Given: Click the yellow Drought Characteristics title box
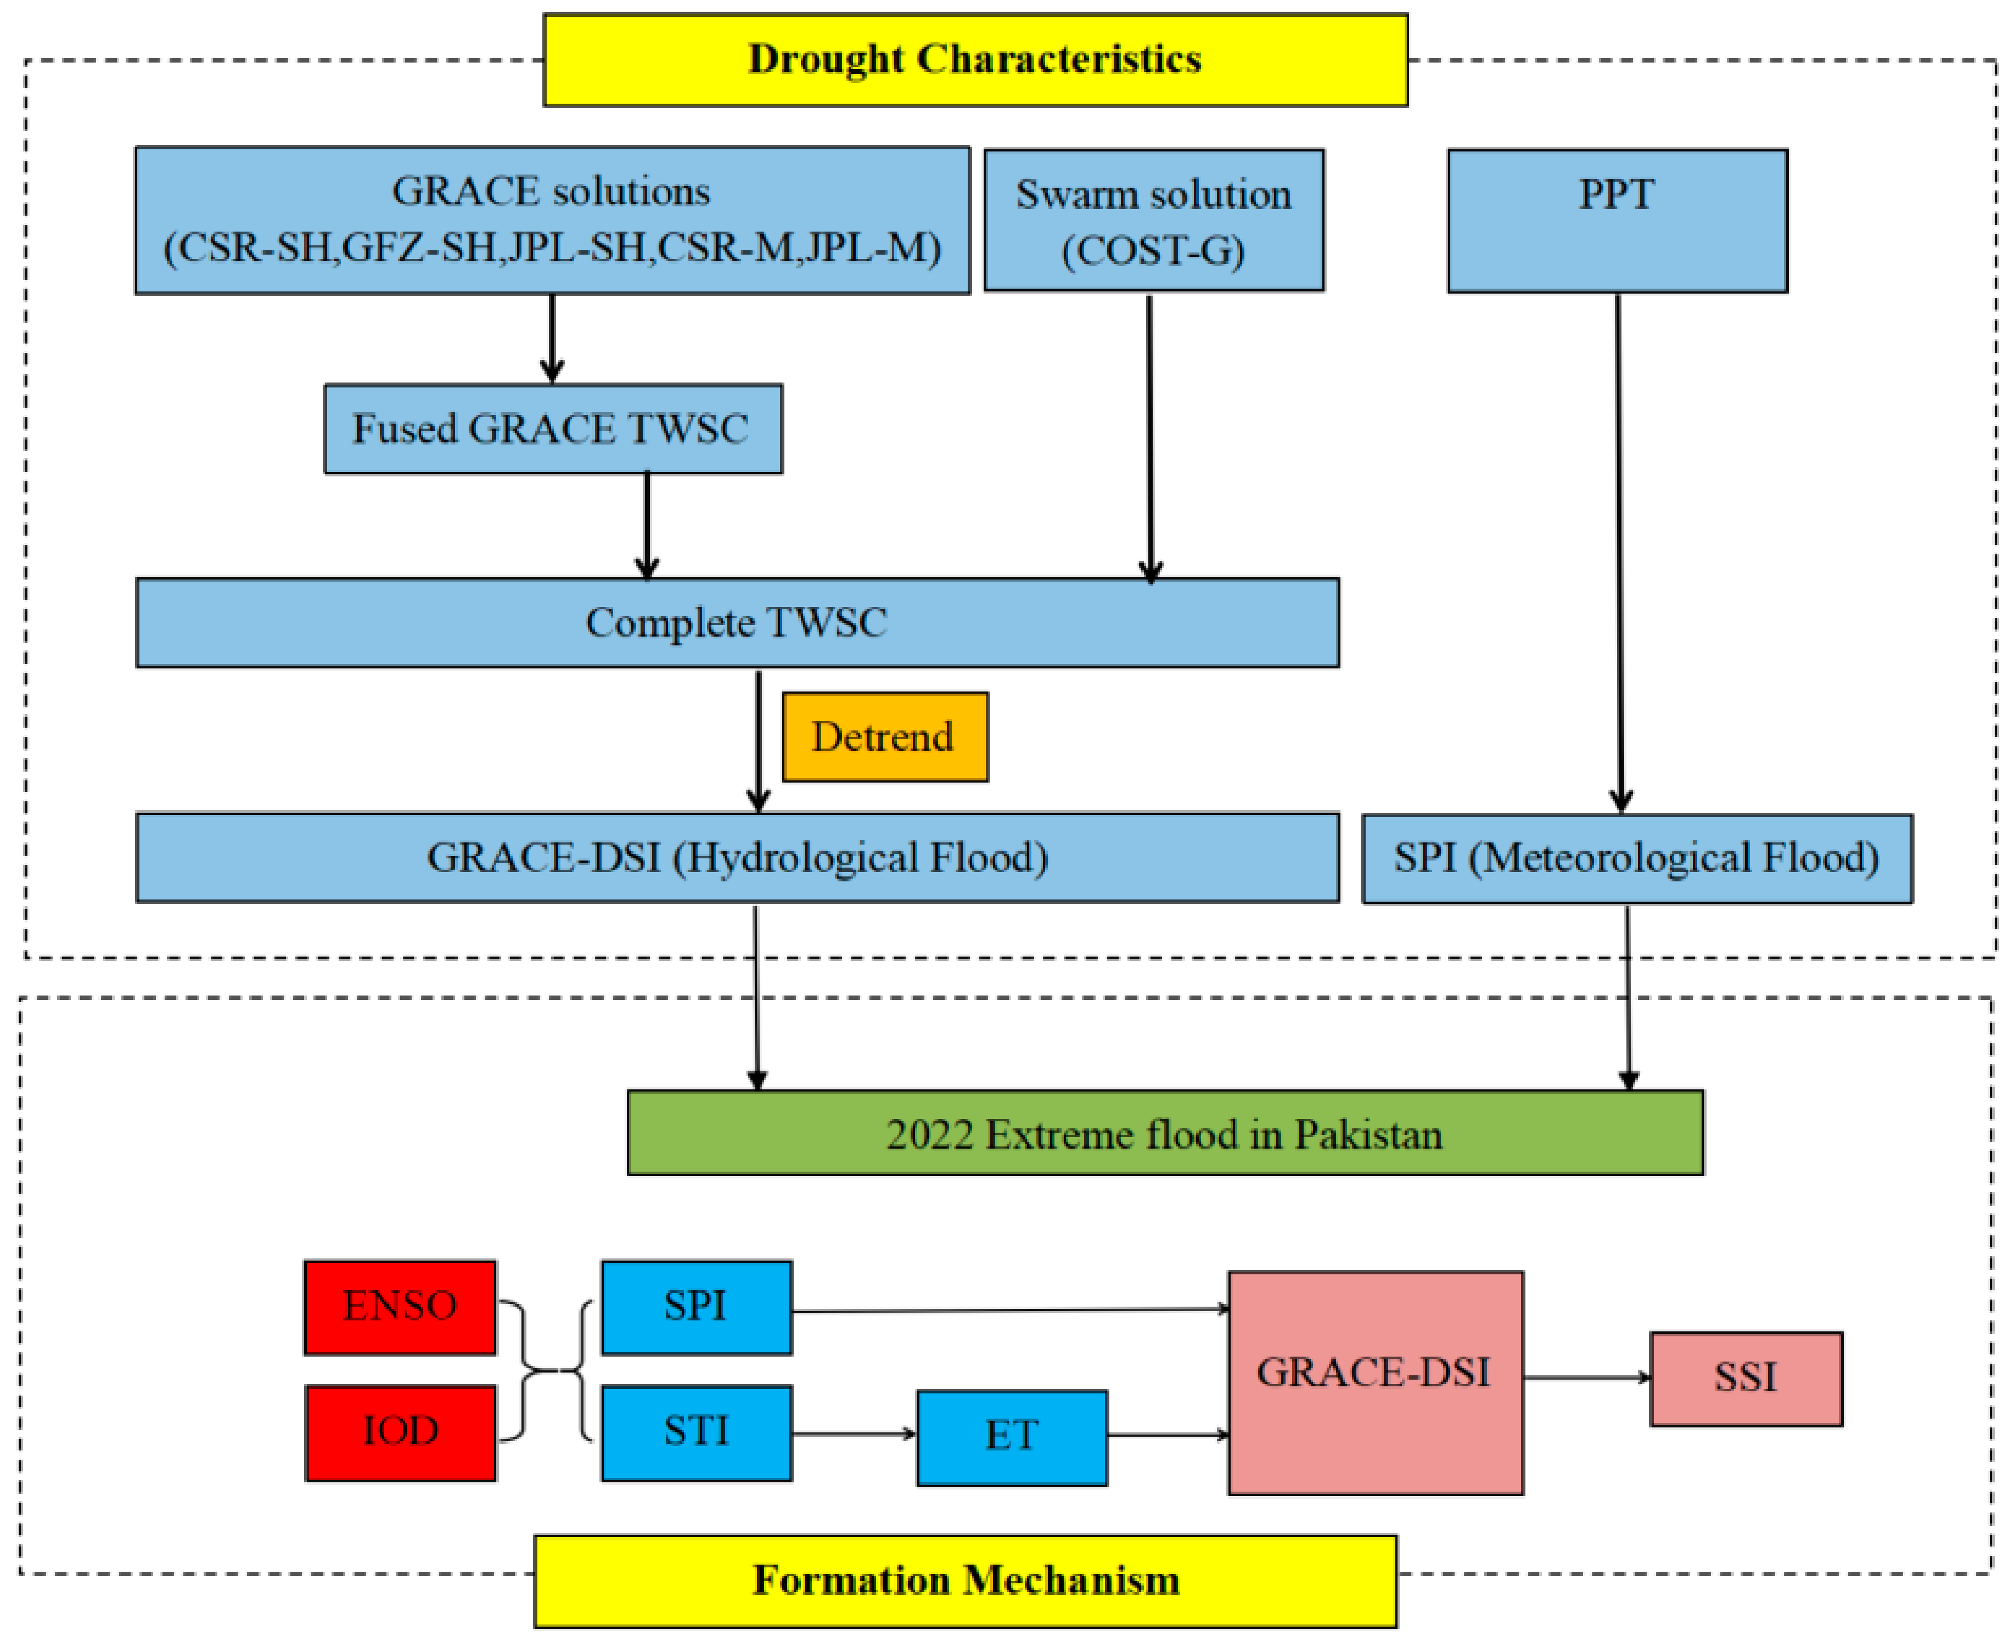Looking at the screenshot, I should click(975, 60).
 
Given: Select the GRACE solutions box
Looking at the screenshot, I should click(552, 220).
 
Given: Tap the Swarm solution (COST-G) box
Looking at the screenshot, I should click(1154, 220).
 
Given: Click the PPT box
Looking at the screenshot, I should click(1618, 220).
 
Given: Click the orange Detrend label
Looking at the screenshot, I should click(885, 737).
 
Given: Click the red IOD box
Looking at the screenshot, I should click(400, 1432).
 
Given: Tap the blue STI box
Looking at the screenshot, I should click(696, 1432).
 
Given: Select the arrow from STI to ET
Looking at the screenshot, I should click(853, 1434).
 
